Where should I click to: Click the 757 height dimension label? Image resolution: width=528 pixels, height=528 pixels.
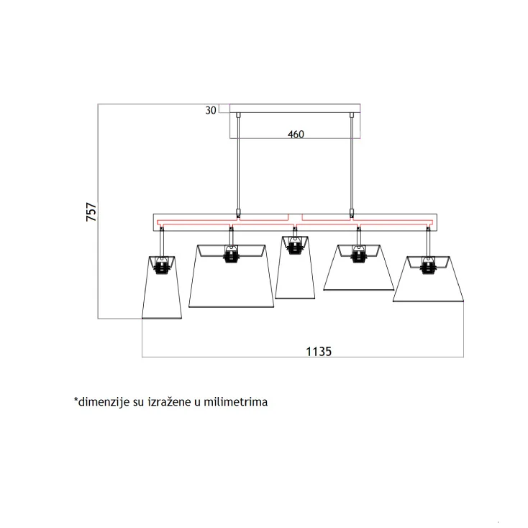click(x=91, y=212)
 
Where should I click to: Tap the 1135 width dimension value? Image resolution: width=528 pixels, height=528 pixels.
click(x=318, y=351)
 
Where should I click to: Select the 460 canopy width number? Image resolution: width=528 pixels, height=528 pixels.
click(x=296, y=134)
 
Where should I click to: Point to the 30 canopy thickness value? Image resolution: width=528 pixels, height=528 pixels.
click(x=211, y=110)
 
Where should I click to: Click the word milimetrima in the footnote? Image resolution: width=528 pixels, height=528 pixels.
click(x=235, y=402)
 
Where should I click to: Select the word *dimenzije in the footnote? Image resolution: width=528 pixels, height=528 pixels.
click(x=100, y=402)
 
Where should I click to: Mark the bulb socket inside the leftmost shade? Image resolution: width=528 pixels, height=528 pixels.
click(x=163, y=267)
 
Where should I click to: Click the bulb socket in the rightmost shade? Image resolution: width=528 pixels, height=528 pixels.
click(x=428, y=267)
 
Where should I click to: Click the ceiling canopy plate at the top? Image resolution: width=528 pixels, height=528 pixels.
click(x=295, y=108)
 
